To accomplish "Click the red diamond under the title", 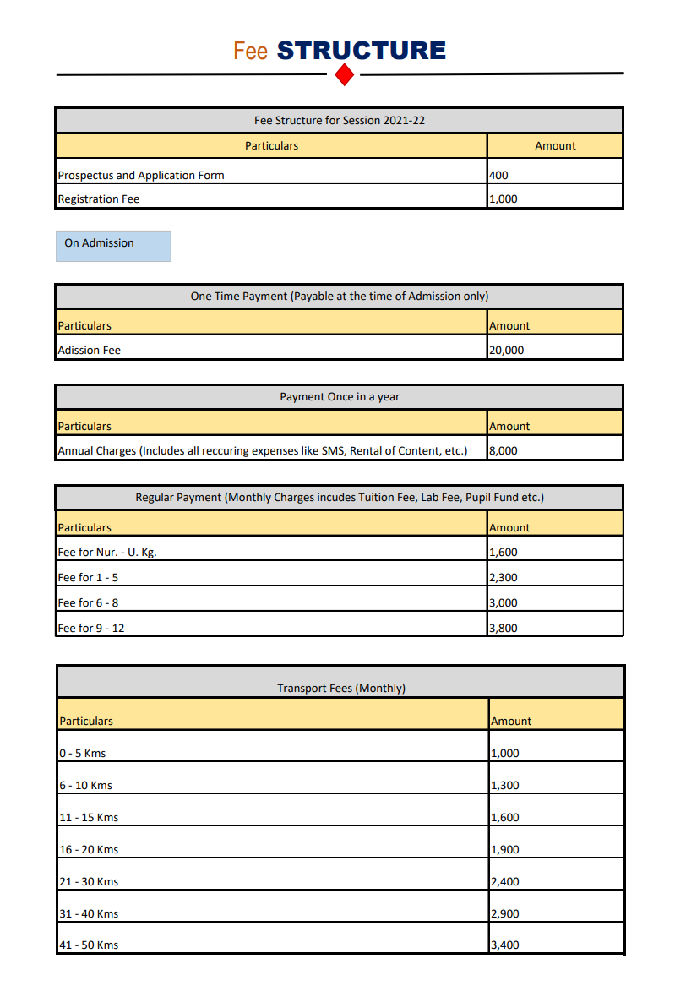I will pyautogui.click(x=344, y=75).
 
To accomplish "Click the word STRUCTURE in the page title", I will pyautogui.click(x=361, y=51).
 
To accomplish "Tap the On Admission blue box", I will pyautogui.click(x=113, y=245).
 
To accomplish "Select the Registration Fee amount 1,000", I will pyautogui.click(x=504, y=199).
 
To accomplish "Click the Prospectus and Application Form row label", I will pyautogui.click(x=141, y=176).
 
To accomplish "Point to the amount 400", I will pyautogui.click(x=498, y=176).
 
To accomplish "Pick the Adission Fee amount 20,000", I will pyautogui.click(x=506, y=350).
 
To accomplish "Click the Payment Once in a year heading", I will pyautogui.click(x=340, y=397).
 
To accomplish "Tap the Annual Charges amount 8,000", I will pyautogui.click(x=504, y=450).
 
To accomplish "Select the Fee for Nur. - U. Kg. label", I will pyautogui.click(x=107, y=553).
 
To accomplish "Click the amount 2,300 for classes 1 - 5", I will pyautogui.click(x=504, y=578).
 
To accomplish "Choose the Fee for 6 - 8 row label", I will pyautogui.click(x=88, y=603).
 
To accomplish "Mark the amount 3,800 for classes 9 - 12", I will pyautogui.click(x=504, y=628).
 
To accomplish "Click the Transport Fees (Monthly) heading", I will pyautogui.click(x=341, y=689).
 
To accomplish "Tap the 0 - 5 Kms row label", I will pyautogui.click(x=83, y=754).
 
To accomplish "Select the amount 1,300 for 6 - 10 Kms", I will pyautogui.click(x=505, y=786).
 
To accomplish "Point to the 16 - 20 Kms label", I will pyautogui.click(x=89, y=850).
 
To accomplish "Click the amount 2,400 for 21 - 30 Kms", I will pyautogui.click(x=505, y=882).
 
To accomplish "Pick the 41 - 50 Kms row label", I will pyautogui.click(x=89, y=945).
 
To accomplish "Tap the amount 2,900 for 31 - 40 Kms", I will pyautogui.click(x=505, y=914).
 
